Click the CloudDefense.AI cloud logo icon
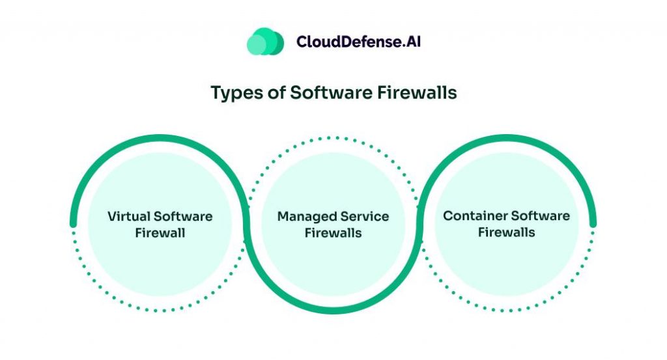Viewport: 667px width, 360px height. [x=265, y=42]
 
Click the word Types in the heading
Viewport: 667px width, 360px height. [x=235, y=92]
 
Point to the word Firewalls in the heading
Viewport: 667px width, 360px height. [x=418, y=92]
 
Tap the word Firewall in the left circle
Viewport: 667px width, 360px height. [x=160, y=232]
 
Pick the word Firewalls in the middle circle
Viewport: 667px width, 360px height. [x=333, y=232]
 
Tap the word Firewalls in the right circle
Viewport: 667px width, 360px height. [x=507, y=232]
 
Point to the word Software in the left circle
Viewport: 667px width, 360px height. [x=184, y=216]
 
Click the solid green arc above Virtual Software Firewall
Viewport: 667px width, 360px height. [x=160, y=139]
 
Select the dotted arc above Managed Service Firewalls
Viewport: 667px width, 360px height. [x=333, y=139]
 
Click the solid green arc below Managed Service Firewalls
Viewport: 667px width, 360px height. [x=333, y=311]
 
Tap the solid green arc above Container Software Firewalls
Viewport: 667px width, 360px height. [x=507, y=139]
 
